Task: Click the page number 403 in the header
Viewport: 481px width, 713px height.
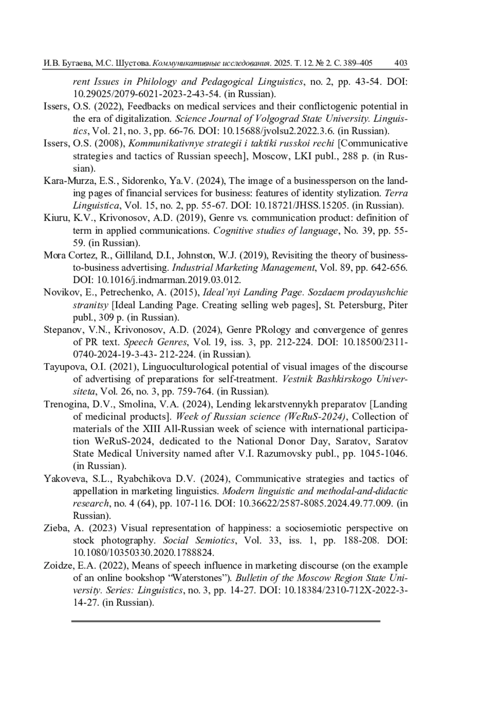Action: tap(401, 63)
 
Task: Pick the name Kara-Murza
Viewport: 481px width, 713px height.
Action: tap(64, 181)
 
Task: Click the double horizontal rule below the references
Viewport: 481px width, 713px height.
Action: tap(226, 621)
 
